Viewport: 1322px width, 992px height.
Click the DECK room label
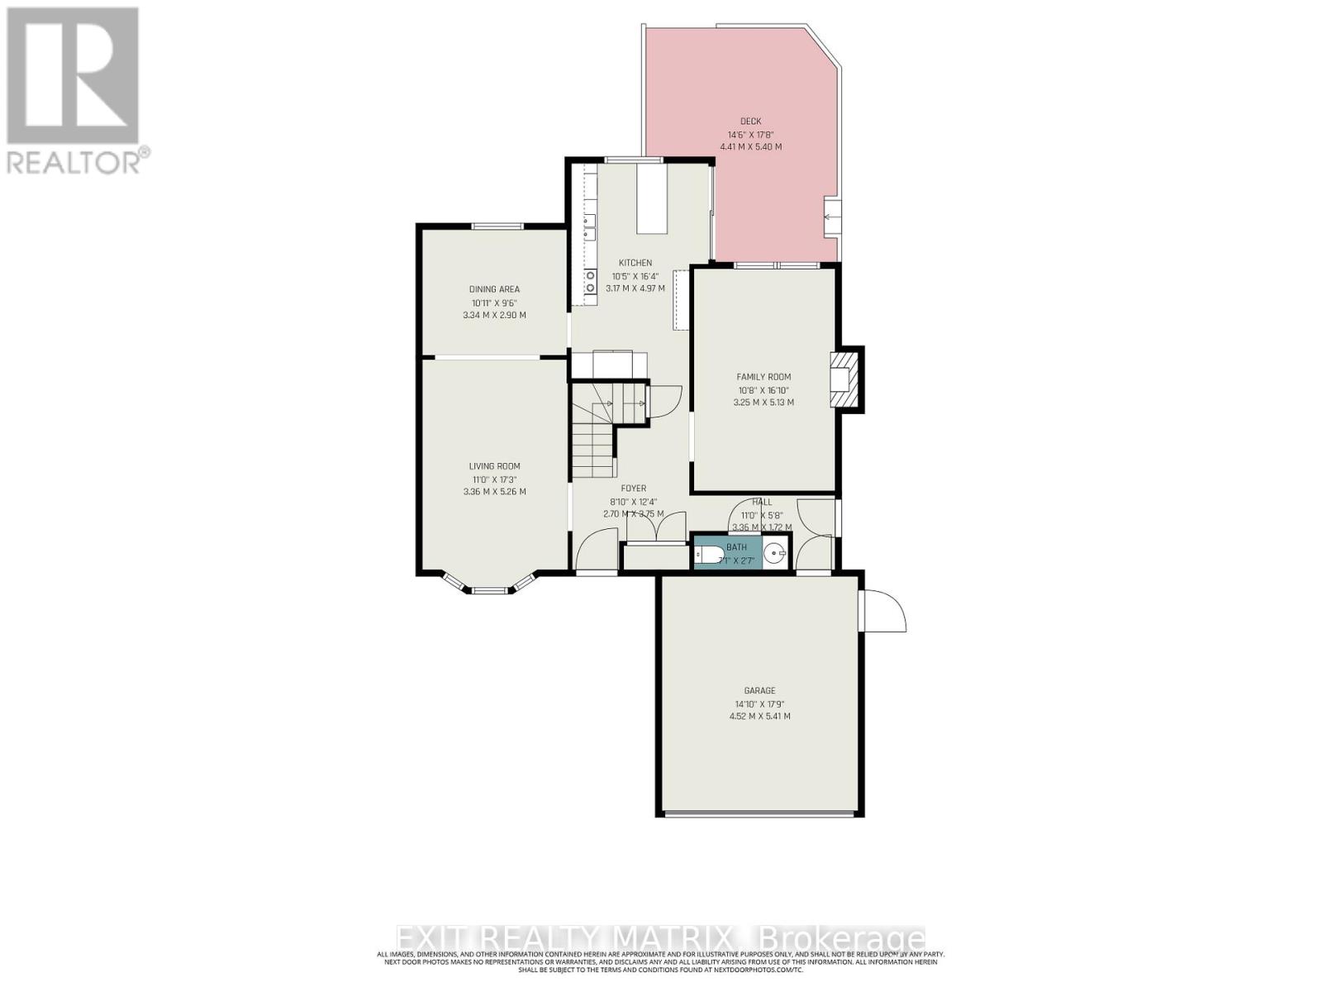pyautogui.click(x=750, y=122)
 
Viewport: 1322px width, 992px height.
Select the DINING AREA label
pyautogui.click(x=494, y=289)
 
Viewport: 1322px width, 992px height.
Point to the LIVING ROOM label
pyautogui.click(x=494, y=466)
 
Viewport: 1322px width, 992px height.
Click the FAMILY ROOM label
pyautogui.click(x=763, y=377)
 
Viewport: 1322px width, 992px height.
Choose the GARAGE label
pyautogui.click(x=759, y=690)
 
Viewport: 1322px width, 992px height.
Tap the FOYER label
pyautogui.click(x=633, y=489)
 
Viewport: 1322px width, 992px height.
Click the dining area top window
pyautogui.click(x=497, y=227)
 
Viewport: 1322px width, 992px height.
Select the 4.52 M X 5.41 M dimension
pyautogui.click(x=759, y=716)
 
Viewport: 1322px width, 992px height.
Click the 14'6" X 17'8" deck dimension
pyautogui.click(x=750, y=135)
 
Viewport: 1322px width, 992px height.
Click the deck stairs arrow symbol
pyautogui.click(x=829, y=217)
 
